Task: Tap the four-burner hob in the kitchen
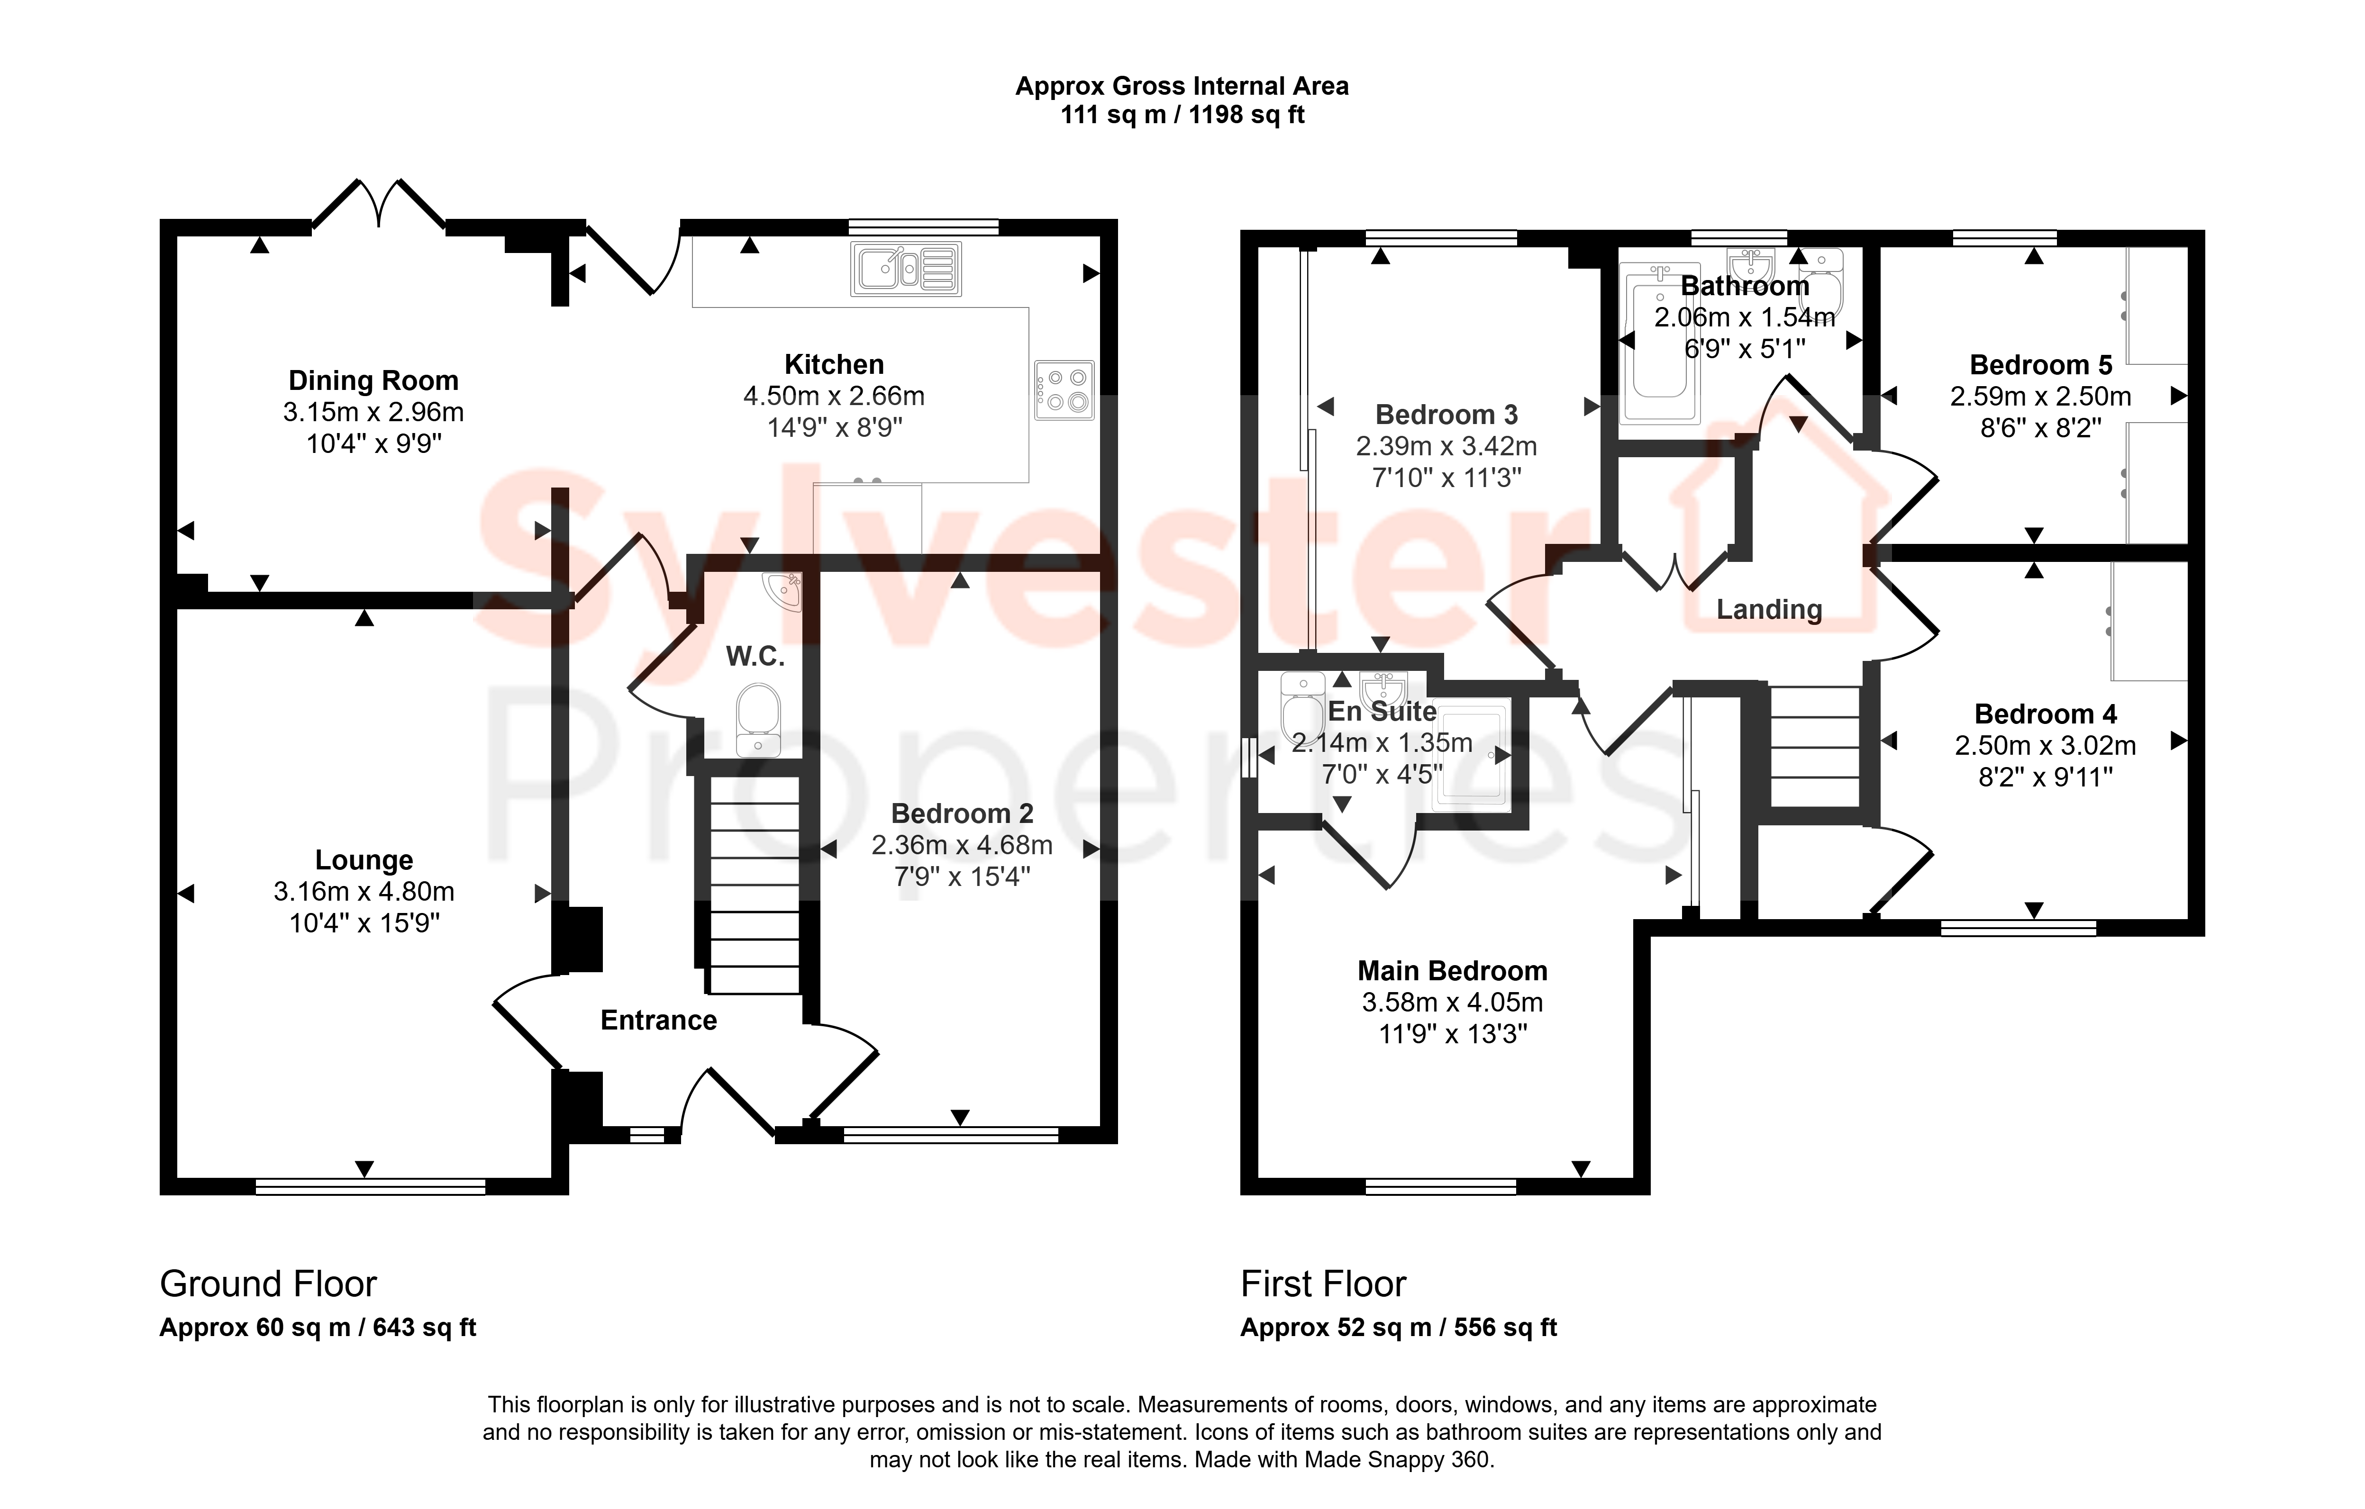(1064, 390)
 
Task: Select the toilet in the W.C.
(757, 720)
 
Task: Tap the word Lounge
(364, 860)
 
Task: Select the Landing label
(1769, 610)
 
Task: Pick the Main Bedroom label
(1453, 971)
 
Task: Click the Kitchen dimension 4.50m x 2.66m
(834, 396)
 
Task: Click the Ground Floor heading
(268, 1284)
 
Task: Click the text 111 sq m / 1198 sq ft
(1182, 115)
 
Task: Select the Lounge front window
(370, 1186)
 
